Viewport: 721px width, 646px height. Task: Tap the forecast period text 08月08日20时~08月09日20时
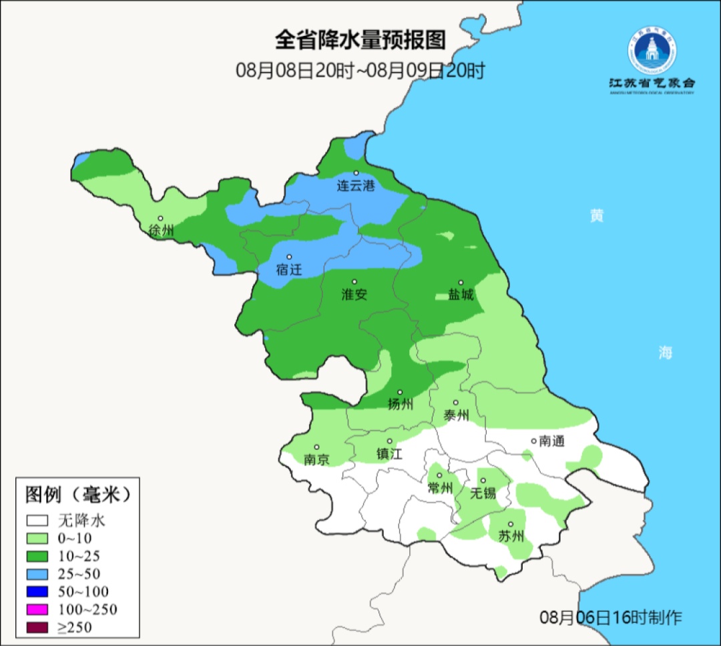[360, 70]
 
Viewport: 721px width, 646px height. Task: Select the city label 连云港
[356, 186]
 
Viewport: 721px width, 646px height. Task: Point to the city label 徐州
[161, 231]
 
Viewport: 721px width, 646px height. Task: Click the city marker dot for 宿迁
[290, 257]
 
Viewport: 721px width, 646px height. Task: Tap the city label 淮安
[354, 295]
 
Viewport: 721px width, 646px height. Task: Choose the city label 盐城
[461, 295]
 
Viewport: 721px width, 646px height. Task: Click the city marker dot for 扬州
[400, 392]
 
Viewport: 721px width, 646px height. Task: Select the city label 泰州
[456, 415]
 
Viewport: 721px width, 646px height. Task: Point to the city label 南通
[551, 441]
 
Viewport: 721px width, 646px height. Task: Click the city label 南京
[316, 460]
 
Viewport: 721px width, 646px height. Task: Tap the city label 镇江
[389, 454]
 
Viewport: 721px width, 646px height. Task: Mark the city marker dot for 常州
[439, 475]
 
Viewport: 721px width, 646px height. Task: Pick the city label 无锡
[483, 493]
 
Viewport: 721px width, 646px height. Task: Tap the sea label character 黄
[596, 216]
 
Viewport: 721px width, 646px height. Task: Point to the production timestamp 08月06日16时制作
[611, 617]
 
